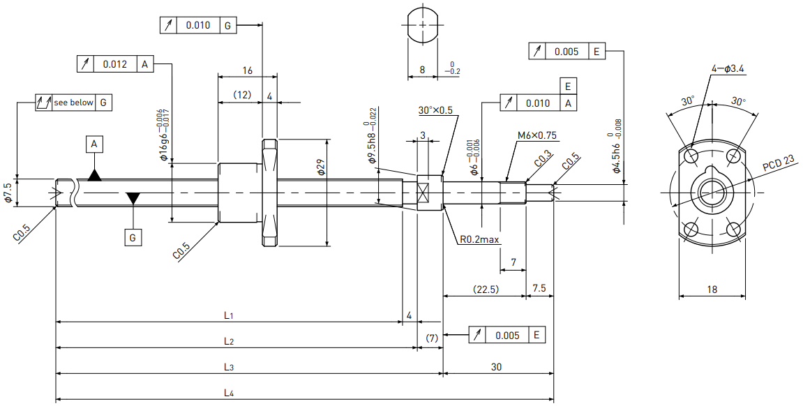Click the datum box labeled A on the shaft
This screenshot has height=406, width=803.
tap(93, 144)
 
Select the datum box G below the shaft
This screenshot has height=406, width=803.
tap(133, 238)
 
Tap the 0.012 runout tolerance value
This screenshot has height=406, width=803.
tap(114, 64)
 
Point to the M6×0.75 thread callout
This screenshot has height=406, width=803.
tap(536, 135)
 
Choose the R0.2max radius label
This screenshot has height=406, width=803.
tap(479, 239)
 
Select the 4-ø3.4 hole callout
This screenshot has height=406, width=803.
tap(728, 68)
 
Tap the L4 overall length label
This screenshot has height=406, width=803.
tap(229, 393)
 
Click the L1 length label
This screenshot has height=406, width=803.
tap(228, 315)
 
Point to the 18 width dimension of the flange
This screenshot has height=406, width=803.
tap(712, 290)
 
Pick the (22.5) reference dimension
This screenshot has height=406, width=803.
tap(486, 290)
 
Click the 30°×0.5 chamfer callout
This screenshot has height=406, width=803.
tap(435, 110)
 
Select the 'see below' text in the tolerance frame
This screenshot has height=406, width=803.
tap(74, 103)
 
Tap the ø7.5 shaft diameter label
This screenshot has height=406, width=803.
tap(8, 193)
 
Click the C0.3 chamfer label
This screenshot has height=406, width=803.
tap(543, 160)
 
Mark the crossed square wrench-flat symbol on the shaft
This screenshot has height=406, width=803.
tap(423, 193)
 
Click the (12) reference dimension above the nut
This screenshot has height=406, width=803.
tap(241, 95)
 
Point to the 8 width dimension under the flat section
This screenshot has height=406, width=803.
tap(422, 70)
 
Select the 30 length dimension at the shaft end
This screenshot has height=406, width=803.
tap(496, 366)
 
